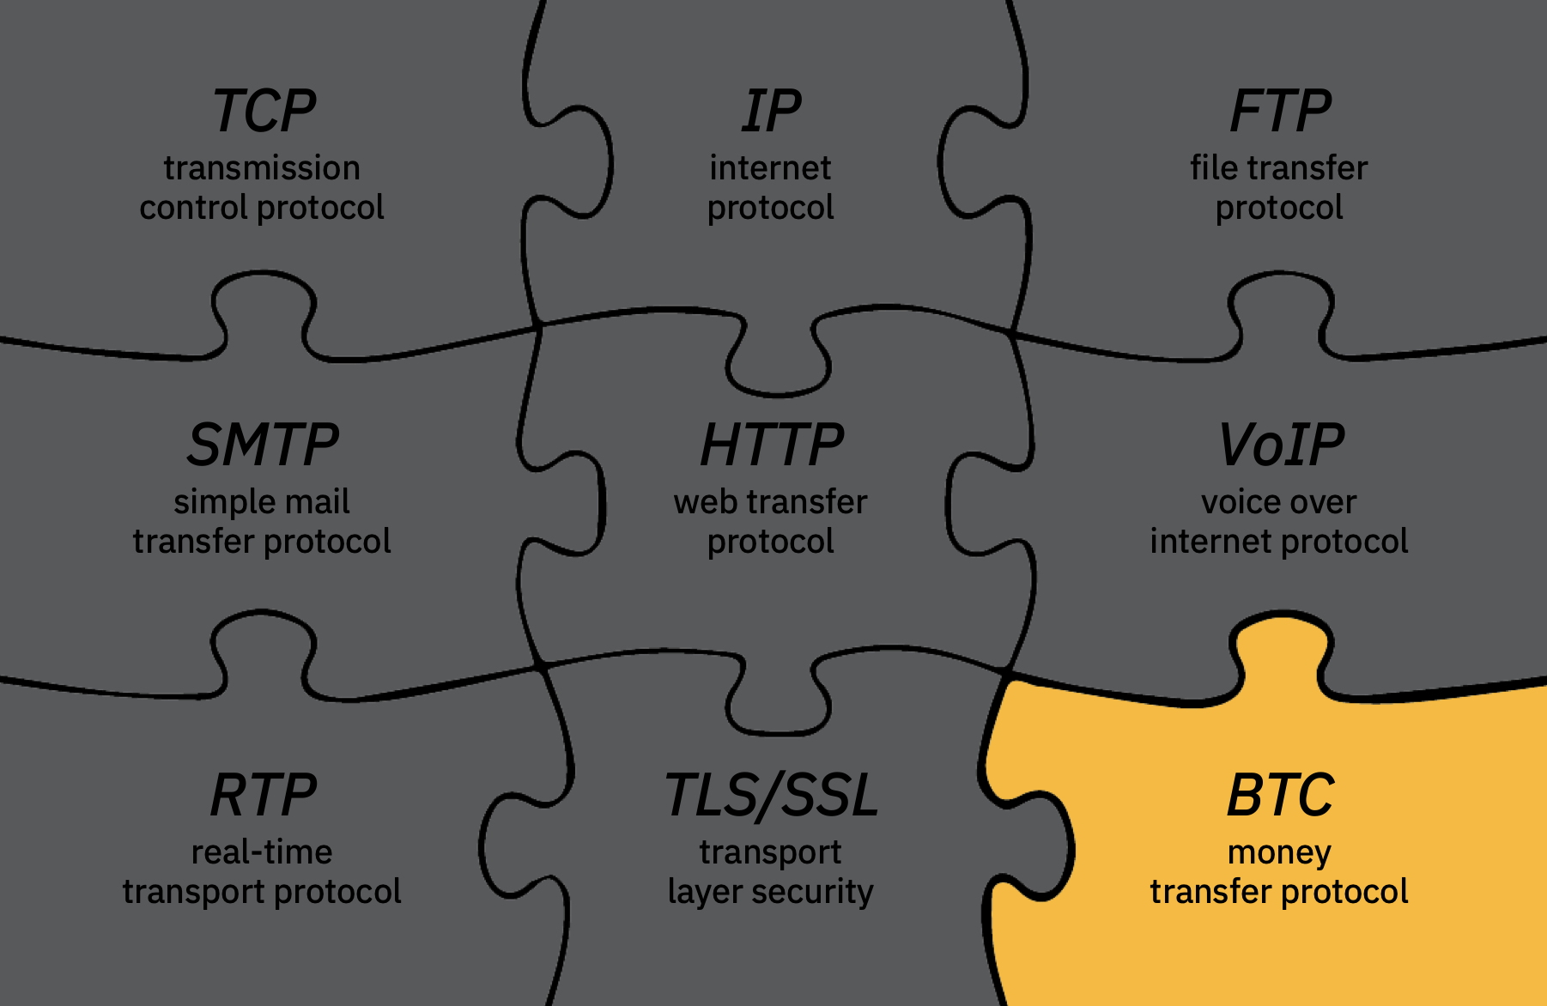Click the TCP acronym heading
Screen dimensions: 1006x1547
click(x=264, y=112)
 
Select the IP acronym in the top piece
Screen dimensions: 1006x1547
click(x=771, y=112)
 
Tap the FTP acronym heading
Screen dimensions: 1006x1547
click(x=1280, y=112)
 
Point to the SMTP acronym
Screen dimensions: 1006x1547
click(x=263, y=445)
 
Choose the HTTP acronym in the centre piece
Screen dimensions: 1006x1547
click(x=772, y=445)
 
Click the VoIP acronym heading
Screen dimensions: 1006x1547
click(x=1281, y=445)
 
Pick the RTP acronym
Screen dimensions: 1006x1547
click(x=264, y=795)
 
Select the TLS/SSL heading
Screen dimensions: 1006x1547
click(x=772, y=795)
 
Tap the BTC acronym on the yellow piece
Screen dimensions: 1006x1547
click(x=1280, y=795)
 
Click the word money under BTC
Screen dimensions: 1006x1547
click(x=1279, y=852)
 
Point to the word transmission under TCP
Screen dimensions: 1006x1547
click(x=262, y=168)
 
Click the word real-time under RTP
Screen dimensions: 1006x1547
click(x=262, y=852)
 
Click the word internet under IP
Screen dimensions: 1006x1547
click(x=770, y=168)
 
